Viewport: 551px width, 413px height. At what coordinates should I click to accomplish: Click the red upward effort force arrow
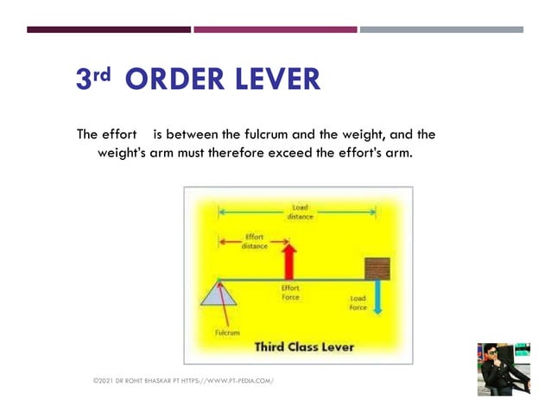click(x=290, y=261)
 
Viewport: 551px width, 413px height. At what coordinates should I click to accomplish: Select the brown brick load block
click(x=377, y=268)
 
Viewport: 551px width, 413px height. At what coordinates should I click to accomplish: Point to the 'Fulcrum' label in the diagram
click(x=227, y=332)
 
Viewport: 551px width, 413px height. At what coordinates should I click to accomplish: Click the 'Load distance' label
click(x=300, y=212)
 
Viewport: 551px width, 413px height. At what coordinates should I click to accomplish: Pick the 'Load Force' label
click(x=358, y=303)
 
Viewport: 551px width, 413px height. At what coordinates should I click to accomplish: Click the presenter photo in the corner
click(x=503, y=369)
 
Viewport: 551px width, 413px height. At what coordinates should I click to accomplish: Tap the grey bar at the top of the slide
click(x=441, y=29)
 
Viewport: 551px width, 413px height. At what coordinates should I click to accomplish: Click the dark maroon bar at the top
click(x=109, y=29)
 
